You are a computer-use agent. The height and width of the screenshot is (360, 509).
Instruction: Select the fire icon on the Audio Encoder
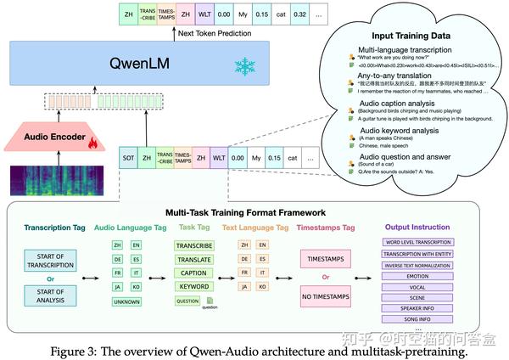click(91, 143)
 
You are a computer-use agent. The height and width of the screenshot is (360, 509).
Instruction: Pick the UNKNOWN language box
click(125, 301)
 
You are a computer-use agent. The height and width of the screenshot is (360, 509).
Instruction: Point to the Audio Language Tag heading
click(124, 228)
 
